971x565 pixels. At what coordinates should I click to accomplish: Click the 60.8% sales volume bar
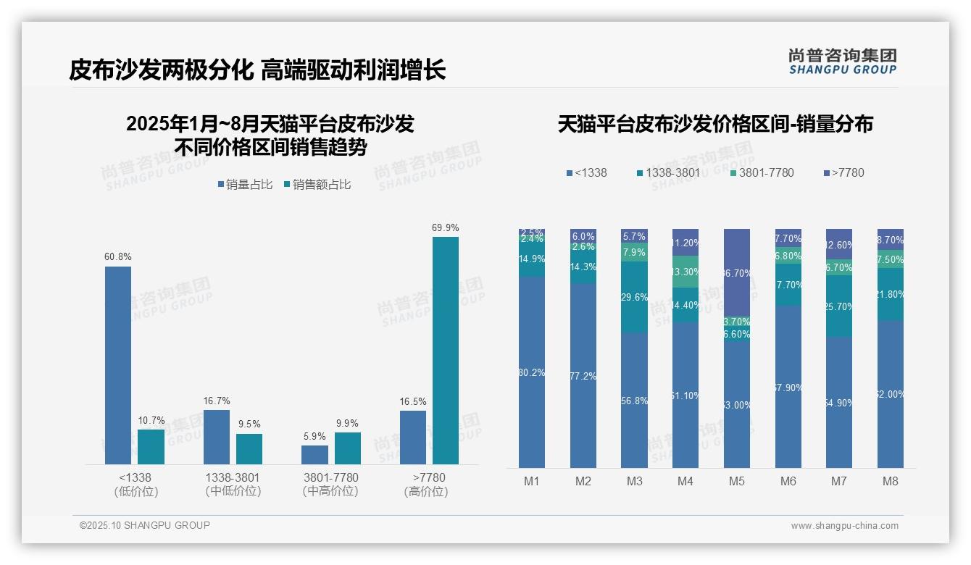pyautogui.click(x=118, y=365)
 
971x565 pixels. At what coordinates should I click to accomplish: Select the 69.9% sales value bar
pyautogui.click(x=446, y=351)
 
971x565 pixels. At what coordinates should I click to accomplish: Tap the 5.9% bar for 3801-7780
pyautogui.click(x=314, y=455)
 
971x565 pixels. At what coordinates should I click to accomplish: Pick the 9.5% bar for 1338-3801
pyautogui.click(x=249, y=449)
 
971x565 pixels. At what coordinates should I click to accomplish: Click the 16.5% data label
pyautogui.click(x=413, y=401)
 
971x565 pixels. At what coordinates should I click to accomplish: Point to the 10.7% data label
pyautogui.click(x=151, y=420)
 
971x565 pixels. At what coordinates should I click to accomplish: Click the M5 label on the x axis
pyautogui.click(x=737, y=481)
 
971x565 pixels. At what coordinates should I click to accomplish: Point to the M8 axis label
pyautogui.click(x=891, y=481)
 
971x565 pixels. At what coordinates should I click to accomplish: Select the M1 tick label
pyautogui.click(x=532, y=481)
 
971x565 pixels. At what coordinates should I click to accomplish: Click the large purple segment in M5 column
pyautogui.click(x=737, y=272)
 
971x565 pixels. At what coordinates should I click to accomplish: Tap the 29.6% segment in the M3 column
pyautogui.click(x=634, y=297)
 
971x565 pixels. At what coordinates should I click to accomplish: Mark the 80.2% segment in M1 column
pyautogui.click(x=532, y=372)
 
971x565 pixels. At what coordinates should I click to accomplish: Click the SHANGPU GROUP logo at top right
pyautogui.click(x=842, y=62)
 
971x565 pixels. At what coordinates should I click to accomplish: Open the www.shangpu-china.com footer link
pyautogui.click(x=844, y=526)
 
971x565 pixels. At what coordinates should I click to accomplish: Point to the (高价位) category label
pyautogui.click(x=426, y=492)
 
